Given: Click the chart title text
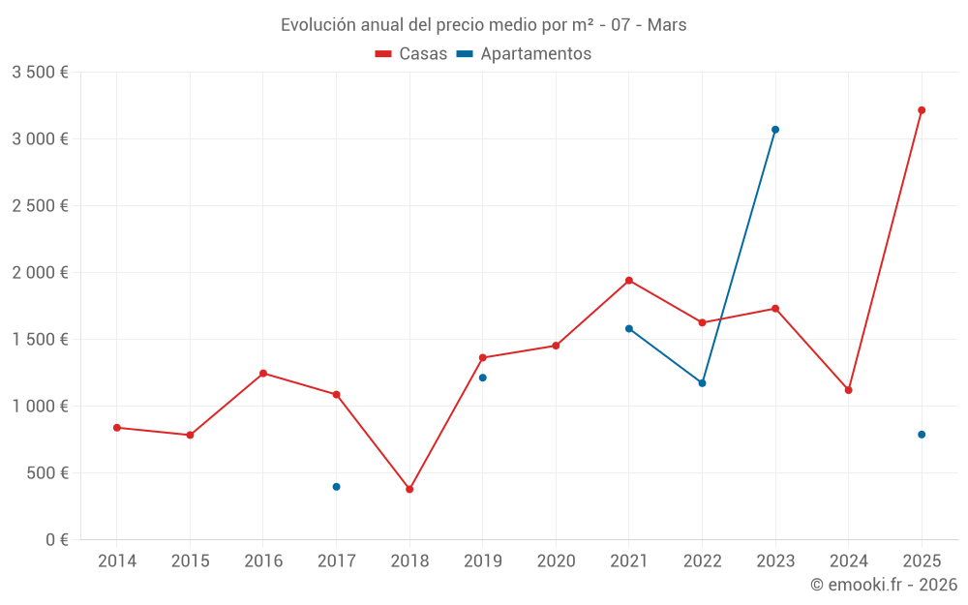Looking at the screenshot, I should pyautogui.click(x=483, y=25).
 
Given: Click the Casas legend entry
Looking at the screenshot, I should pyautogui.click(x=411, y=54).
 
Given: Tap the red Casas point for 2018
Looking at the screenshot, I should pyautogui.click(x=409, y=489).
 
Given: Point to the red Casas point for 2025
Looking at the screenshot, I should pyautogui.click(x=922, y=110).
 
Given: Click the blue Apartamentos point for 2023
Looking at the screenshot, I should pyautogui.click(x=775, y=130).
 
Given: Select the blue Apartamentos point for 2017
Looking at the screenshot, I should pyautogui.click(x=336, y=487).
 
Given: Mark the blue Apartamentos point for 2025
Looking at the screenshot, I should pyautogui.click(x=922, y=435).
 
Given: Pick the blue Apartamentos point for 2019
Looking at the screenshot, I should pyautogui.click(x=482, y=378).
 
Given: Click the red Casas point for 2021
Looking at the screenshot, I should pyautogui.click(x=629, y=281).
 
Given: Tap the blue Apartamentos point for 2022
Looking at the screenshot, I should pyautogui.click(x=702, y=383).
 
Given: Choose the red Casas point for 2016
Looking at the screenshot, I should pyautogui.click(x=263, y=374).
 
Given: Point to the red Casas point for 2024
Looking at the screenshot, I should pyautogui.click(x=848, y=390).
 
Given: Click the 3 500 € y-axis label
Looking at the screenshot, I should pyautogui.click(x=40, y=73).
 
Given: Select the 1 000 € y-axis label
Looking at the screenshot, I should pyautogui.click(x=40, y=407).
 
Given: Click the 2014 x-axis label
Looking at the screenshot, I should pyautogui.click(x=117, y=561).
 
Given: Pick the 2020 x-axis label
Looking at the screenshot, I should pyautogui.click(x=556, y=561).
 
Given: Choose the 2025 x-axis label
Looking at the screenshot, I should pyautogui.click(x=922, y=561).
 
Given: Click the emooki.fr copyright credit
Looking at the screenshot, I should pyautogui.click(x=883, y=585).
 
